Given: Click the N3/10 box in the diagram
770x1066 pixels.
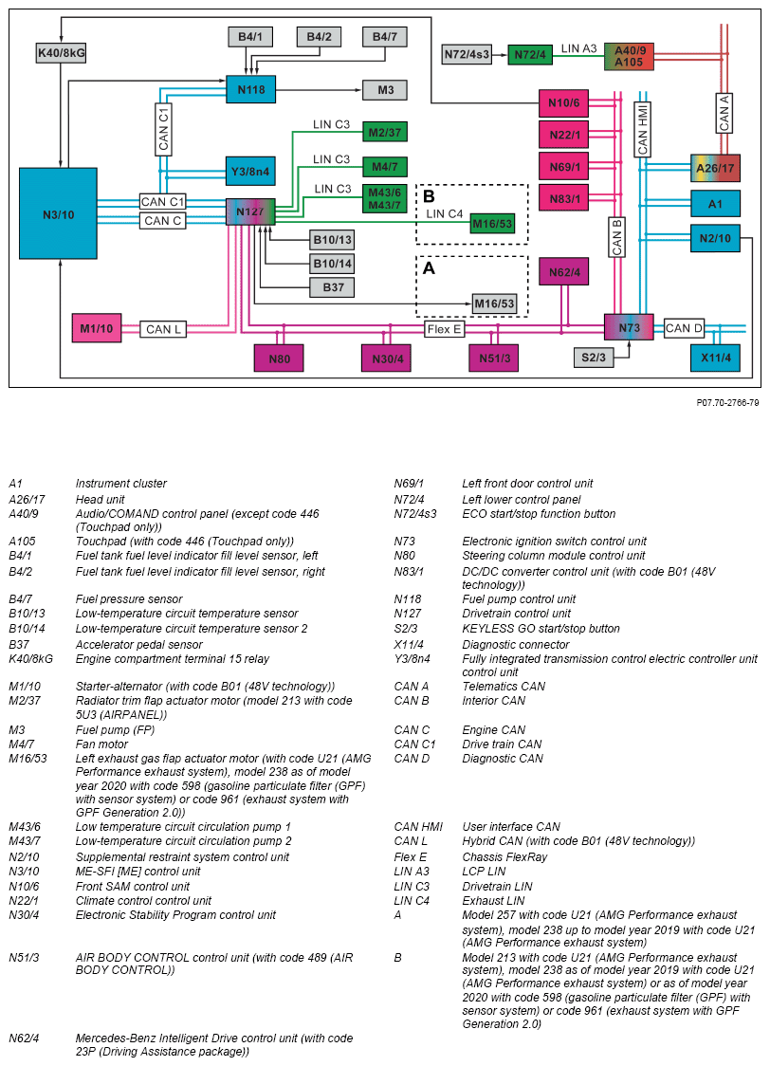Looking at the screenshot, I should [59, 215].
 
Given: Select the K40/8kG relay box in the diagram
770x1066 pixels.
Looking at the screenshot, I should [61, 53].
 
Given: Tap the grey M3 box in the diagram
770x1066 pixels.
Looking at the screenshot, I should [385, 90].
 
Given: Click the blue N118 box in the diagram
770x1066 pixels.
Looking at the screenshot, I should [250, 90].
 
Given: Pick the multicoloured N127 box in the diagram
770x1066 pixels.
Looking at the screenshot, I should [250, 211].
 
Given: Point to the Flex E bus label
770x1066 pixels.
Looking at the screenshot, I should [445, 329].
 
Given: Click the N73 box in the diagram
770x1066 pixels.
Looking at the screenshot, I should [629, 328].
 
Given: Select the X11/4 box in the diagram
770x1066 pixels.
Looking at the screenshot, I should [714, 358].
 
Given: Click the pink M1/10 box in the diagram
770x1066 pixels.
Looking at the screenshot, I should [96, 329].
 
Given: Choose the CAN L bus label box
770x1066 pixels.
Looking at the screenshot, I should [163, 329].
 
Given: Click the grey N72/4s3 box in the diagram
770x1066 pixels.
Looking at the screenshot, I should [467, 55].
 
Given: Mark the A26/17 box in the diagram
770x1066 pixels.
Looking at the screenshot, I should [715, 169].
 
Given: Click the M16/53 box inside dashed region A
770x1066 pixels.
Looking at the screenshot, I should [494, 303].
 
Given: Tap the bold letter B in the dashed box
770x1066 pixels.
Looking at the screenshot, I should [429, 196].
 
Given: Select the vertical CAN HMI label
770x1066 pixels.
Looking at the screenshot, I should [642, 127].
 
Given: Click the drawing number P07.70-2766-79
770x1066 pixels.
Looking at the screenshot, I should [727, 402].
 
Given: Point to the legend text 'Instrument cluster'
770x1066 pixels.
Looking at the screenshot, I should [121, 484].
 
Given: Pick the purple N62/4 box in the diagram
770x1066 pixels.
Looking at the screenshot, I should [562, 272].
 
